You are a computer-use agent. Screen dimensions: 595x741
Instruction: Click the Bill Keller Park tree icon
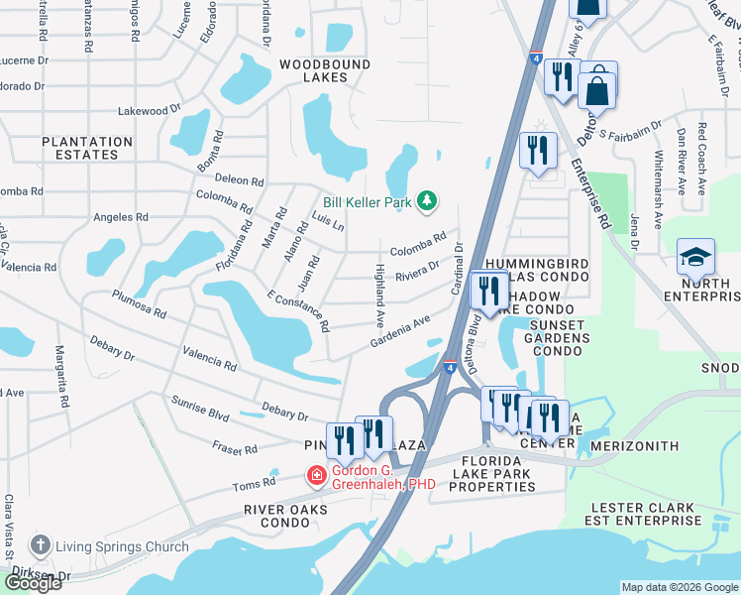427,202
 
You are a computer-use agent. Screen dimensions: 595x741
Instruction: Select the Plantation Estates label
87,148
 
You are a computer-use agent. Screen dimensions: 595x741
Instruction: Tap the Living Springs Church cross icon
40,545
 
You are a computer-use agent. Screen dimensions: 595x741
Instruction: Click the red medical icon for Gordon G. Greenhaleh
317,477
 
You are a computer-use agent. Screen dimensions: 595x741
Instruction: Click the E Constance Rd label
297,312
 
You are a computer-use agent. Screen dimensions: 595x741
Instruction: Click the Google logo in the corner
32,583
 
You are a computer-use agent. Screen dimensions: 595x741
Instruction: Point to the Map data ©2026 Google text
680,587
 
